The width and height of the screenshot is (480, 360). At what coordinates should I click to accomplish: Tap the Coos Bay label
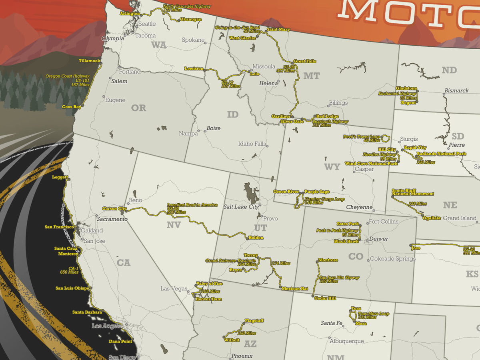[72, 107]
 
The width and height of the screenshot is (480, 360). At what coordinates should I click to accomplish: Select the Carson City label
[114, 209]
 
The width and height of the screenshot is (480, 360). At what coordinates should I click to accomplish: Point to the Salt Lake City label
[241, 207]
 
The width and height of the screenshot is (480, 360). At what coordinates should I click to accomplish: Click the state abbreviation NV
[174, 225]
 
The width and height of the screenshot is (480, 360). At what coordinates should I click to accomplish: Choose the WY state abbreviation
[332, 167]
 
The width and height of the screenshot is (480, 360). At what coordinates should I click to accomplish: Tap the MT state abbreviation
[311, 76]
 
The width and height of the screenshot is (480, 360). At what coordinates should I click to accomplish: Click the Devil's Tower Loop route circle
[386, 138]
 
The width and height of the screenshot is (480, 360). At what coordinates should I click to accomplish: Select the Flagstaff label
[254, 321]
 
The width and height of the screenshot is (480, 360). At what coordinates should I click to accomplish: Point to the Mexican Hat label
[295, 288]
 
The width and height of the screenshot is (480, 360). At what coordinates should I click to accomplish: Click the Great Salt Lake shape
[251, 193]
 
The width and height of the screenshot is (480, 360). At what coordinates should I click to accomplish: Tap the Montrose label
[328, 260]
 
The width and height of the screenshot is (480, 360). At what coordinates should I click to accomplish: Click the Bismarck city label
[456, 91]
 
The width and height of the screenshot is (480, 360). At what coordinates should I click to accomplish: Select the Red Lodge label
[327, 116]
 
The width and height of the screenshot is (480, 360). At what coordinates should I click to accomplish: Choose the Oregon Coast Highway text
[67, 76]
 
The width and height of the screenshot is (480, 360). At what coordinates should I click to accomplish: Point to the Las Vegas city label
[174, 289]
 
